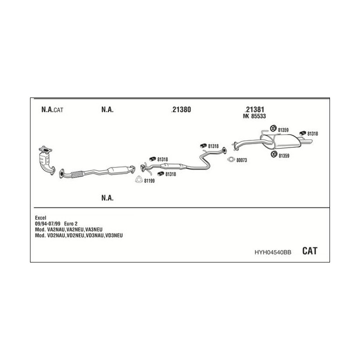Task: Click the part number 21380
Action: click(x=181, y=110)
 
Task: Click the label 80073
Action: click(x=242, y=160)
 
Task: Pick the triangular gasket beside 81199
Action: click(x=138, y=180)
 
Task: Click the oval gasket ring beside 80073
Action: click(x=230, y=160)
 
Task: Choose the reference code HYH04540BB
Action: click(x=272, y=252)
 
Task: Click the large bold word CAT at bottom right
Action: click(x=310, y=251)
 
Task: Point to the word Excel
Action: click(x=40, y=217)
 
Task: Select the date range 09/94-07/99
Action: click(x=47, y=223)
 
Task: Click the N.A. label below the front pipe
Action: click(x=107, y=198)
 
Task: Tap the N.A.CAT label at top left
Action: click(x=52, y=110)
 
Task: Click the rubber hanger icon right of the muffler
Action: click(x=302, y=133)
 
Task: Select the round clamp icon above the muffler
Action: click(x=274, y=130)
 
